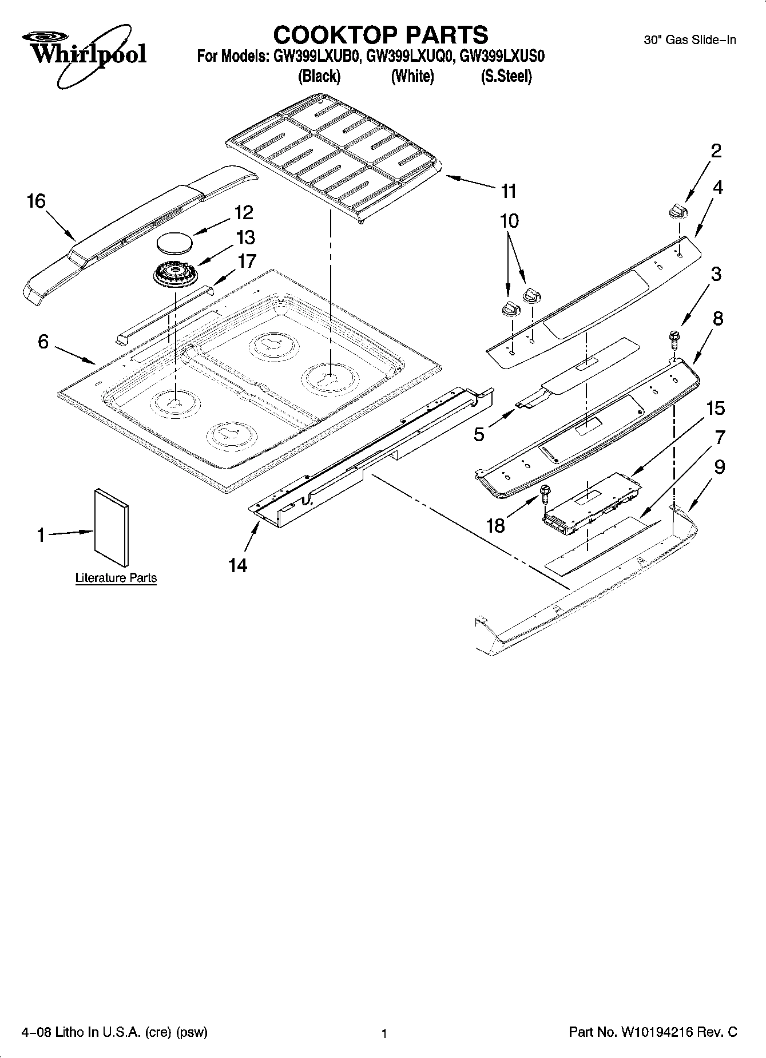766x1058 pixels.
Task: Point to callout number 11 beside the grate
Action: click(509, 191)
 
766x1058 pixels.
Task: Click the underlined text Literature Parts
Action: click(116, 577)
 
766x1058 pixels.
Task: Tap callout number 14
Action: click(237, 565)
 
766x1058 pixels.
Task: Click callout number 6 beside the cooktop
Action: click(43, 342)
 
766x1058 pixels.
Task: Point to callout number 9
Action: click(719, 467)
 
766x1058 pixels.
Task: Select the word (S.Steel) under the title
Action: click(506, 76)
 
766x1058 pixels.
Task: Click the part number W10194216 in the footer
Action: click(656, 1032)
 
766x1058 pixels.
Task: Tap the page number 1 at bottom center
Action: click(384, 1033)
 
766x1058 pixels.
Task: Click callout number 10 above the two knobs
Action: click(509, 221)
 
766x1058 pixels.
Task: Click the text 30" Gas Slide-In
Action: click(690, 40)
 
